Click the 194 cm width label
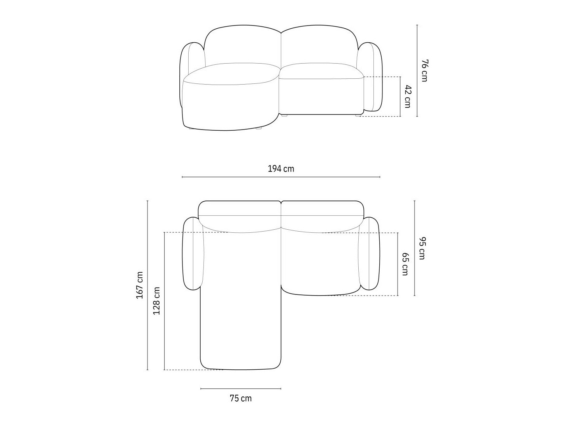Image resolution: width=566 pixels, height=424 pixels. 281,169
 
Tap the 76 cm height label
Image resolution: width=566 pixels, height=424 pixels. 424,71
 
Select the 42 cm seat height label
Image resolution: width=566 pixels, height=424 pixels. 407,96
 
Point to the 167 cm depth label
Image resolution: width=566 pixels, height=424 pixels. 139,285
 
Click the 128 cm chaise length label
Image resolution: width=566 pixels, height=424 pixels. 156,301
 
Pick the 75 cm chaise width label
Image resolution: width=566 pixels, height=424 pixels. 241,398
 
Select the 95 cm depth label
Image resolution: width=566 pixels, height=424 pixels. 422,248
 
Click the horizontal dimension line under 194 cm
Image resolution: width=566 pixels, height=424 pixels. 281,177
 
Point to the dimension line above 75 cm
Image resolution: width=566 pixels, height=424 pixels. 241,389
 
